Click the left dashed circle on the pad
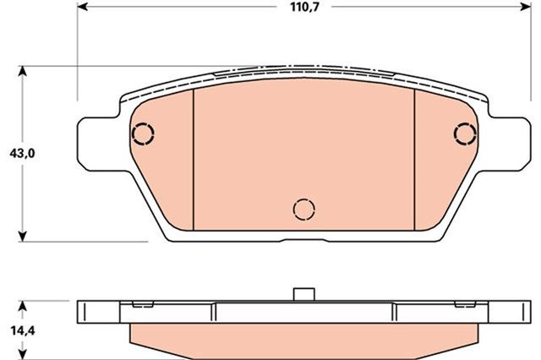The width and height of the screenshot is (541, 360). (143, 134)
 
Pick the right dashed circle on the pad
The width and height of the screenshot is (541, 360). (465, 134)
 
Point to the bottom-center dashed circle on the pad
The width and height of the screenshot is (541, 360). (303, 208)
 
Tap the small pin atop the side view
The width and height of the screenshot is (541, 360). (303, 294)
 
